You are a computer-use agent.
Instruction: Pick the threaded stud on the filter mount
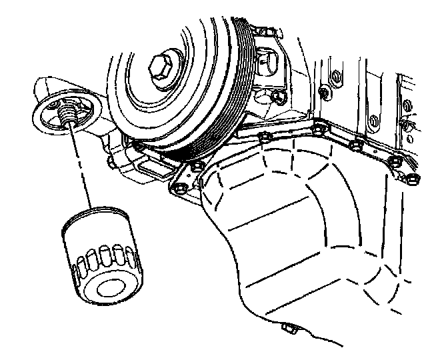tap(67, 117)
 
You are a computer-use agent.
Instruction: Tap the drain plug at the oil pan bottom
tap(289, 327)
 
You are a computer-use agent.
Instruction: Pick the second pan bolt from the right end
tap(395, 161)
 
